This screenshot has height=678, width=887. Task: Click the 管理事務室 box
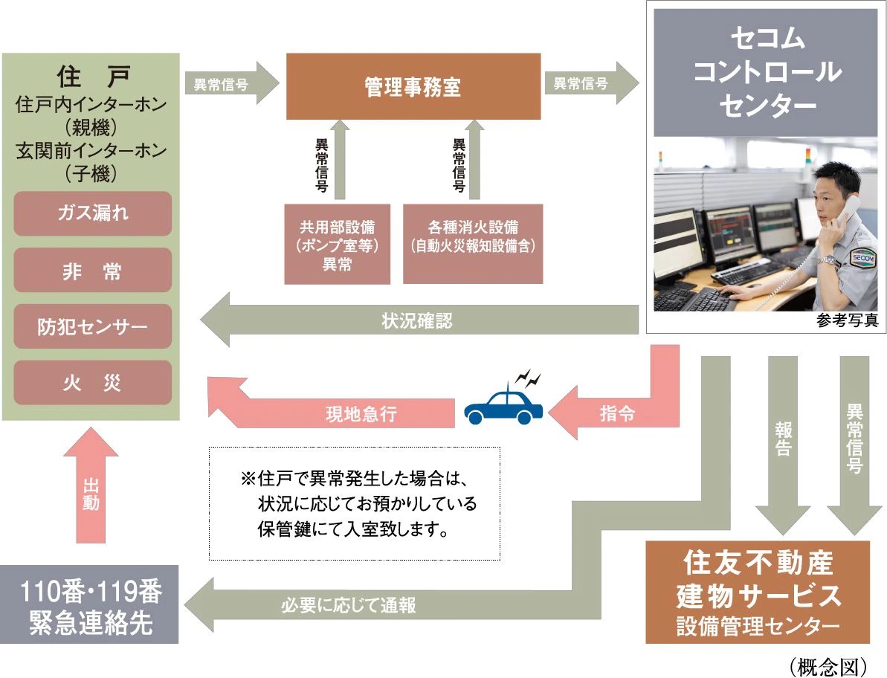413,86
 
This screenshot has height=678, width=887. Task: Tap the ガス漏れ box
93,213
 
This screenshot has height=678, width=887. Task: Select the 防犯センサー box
93,326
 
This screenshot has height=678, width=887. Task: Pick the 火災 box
93,383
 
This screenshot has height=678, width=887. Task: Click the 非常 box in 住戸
93,270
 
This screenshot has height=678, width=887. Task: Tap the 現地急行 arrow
349,413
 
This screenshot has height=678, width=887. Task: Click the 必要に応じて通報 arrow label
349,605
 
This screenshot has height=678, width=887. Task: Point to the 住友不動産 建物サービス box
758,592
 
